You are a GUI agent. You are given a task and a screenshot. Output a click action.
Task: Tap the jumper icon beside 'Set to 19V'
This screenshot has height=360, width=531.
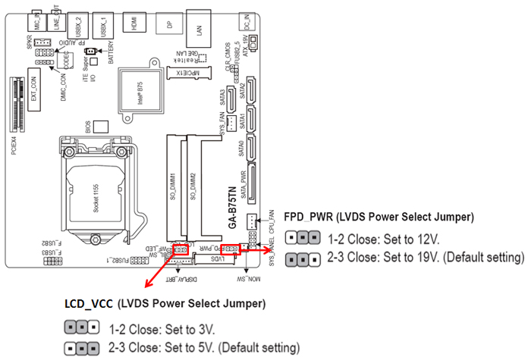(x=301, y=258)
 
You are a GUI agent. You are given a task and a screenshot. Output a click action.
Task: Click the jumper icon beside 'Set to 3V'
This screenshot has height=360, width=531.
(x=82, y=330)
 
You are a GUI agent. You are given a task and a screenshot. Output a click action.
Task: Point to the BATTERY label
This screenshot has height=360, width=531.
(x=111, y=53)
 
